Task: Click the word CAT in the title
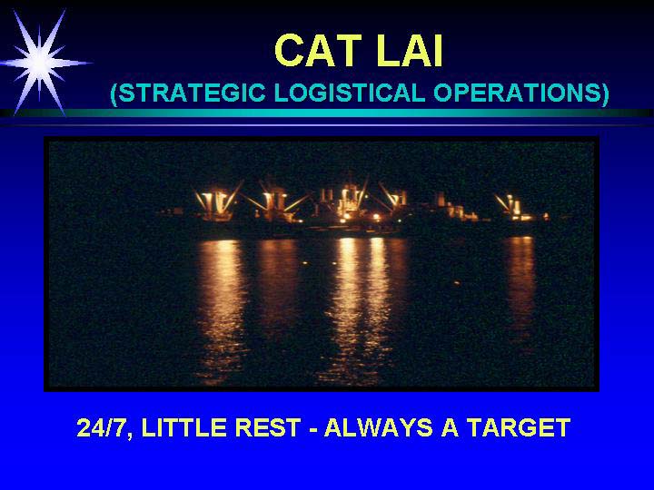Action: pyautogui.click(x=318, y=51)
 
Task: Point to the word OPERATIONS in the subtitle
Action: pyautogui.click(x=516, y=93)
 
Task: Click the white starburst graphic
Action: pyautogui.click(x=41, y=63)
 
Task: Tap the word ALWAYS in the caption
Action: pyautogui.click(x=378, y=427)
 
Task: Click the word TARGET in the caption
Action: pyautogui.click(x=519, y=427)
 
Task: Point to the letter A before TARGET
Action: pyautogui.click(x=450, y=427)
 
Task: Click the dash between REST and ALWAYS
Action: pyautogui.click(x=312, y=429)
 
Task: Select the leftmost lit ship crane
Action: pyautogui.click(x=218, y=204)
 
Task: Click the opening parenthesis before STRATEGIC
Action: pyautogui.click(x=114, y=93)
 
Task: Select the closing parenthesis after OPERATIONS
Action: pyautogui.click(x=604, y=93)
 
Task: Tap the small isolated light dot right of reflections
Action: pyautogui.click(x=456, y=283)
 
